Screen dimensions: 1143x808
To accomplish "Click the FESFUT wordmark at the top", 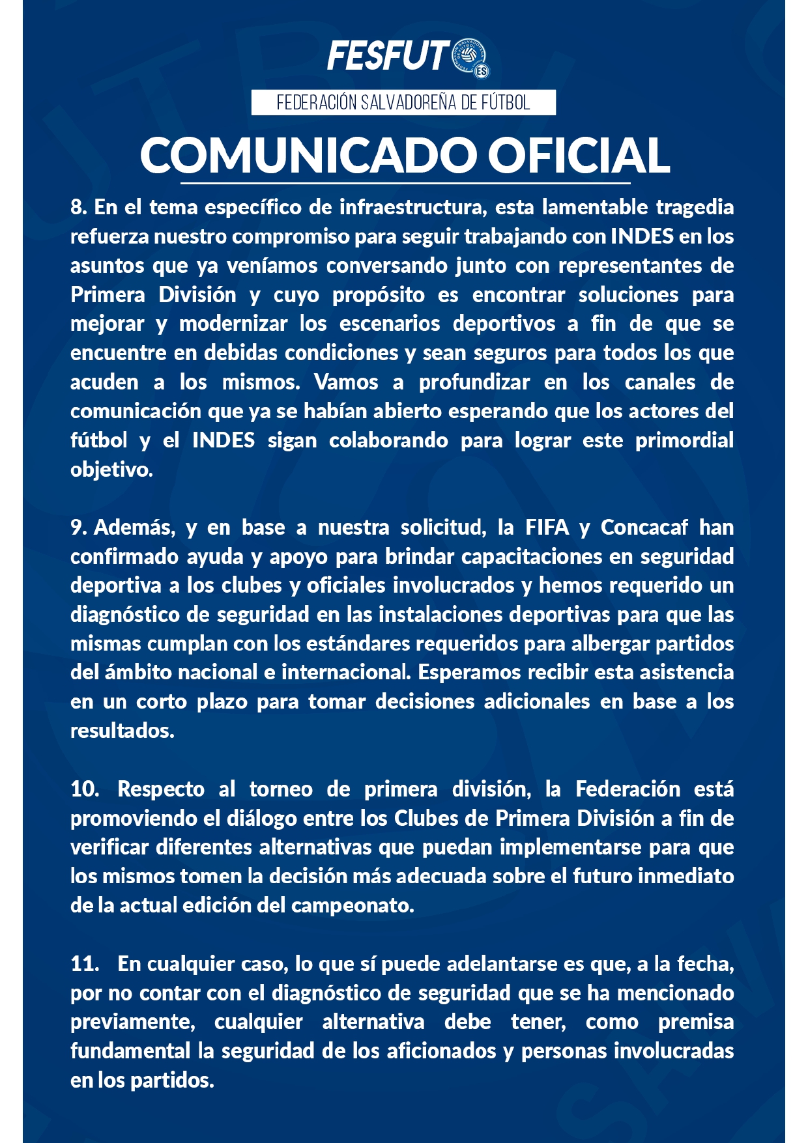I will (388, 56).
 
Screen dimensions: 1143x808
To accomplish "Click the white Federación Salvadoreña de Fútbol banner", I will (403, 103).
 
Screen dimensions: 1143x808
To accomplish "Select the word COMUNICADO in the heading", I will (308, 155).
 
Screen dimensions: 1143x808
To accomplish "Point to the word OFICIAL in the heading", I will (579, 155).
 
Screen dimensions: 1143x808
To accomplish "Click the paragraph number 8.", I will (78, 207).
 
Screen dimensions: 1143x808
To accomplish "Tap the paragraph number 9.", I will (78, 528).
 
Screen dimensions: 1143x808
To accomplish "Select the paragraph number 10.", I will (84, 789).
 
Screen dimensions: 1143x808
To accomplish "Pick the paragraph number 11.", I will (84, 964).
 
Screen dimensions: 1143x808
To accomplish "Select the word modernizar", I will (233, 324).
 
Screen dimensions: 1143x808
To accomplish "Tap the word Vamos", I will (346, 382).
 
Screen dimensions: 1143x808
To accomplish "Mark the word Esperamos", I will (470, 672).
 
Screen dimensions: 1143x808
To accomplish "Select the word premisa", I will (696, 1022).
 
